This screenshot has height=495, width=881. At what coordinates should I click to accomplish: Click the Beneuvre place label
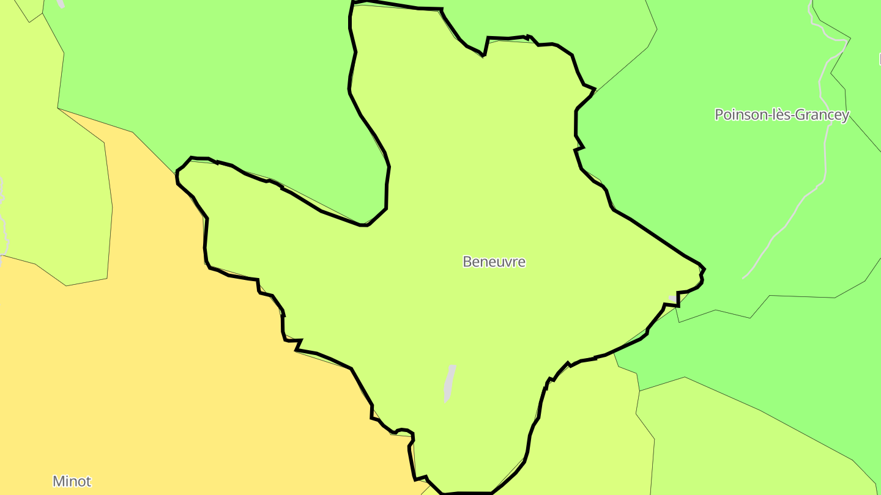[494, 262]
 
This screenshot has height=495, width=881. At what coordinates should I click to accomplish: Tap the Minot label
[72, 481]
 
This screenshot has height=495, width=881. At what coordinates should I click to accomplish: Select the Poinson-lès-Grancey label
[782, 115]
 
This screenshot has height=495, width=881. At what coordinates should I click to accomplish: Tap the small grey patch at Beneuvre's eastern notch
[673, 299]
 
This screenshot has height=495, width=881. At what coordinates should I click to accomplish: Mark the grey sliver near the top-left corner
[61, 4]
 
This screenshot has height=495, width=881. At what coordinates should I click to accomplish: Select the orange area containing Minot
[184, 367]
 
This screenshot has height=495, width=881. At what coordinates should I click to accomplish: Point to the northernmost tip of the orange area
[59, 109]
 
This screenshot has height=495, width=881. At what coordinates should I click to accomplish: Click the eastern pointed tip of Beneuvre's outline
[704, 268]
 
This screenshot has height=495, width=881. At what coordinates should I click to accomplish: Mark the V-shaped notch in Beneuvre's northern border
[484, 55]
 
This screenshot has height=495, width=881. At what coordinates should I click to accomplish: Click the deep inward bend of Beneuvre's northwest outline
[366, 224]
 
